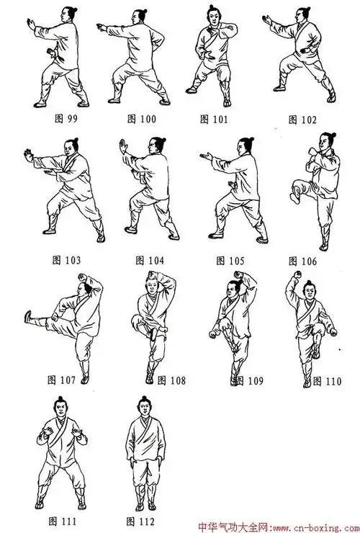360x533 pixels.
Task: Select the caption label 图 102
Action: click(x=302, y=120)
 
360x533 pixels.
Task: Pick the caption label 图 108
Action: click(x=171, y=380)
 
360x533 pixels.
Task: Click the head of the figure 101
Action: click(x=213, y=14)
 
